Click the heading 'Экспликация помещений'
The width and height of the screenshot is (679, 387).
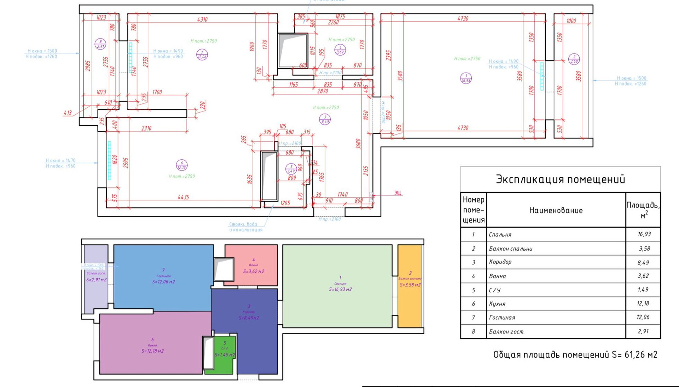[x=560, y=179]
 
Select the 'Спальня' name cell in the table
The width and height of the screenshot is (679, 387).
[x=500, y=234]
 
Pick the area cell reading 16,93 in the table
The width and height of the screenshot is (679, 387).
[x=644, y=234]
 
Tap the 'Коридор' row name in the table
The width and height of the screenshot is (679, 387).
[x=500, y=262]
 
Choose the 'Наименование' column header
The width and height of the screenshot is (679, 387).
[x=556, y=210]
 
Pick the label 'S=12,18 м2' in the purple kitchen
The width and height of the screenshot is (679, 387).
[x=152, y=351]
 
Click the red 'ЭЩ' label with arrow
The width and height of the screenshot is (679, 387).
[x=397, y=193]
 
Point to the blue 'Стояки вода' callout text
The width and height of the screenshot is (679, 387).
[x=243, y=224]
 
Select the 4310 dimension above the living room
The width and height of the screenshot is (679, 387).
[x=202, y=19]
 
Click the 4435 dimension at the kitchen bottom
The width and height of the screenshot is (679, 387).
[x=183, y=197]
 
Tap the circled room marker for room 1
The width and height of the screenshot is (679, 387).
[x=466, y=78]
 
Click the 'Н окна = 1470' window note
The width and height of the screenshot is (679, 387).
[x=60, y=160]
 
